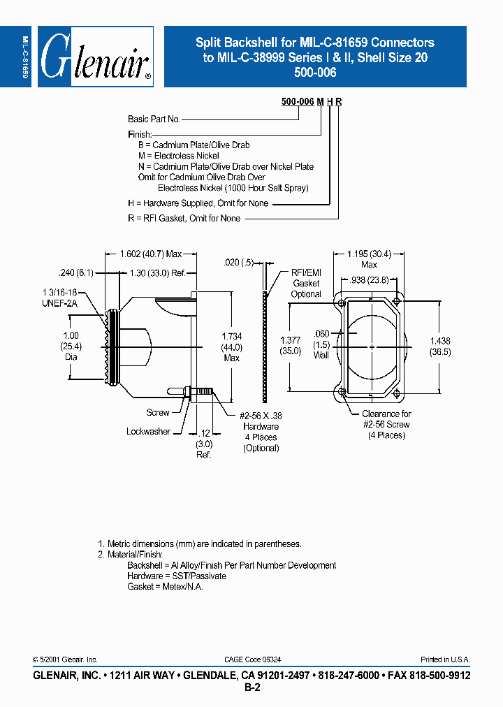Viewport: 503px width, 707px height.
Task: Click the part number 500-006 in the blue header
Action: click(314, 73)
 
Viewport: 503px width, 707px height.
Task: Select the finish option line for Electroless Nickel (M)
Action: click(178, 156)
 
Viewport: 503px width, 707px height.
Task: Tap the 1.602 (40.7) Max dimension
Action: click(150, 255)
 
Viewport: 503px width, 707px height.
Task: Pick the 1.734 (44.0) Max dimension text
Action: click(231, 347)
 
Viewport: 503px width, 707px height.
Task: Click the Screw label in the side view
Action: click(157, 412)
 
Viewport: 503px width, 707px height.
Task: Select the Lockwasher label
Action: click(148, 432)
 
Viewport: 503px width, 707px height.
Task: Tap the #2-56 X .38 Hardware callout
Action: click(261, 431)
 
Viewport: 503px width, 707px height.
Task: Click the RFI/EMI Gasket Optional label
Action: click(306, 284)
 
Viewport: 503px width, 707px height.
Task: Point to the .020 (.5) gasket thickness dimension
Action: click(238, 263)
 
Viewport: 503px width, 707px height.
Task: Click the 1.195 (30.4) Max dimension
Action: click(369, 259)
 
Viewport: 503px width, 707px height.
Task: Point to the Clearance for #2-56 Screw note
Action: click(386, 424)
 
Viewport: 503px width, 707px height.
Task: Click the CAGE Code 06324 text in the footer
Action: click(253, 659)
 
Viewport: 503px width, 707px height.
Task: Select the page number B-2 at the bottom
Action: click(251, 688)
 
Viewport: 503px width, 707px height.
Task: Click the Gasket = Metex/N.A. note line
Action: click(165, 586)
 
